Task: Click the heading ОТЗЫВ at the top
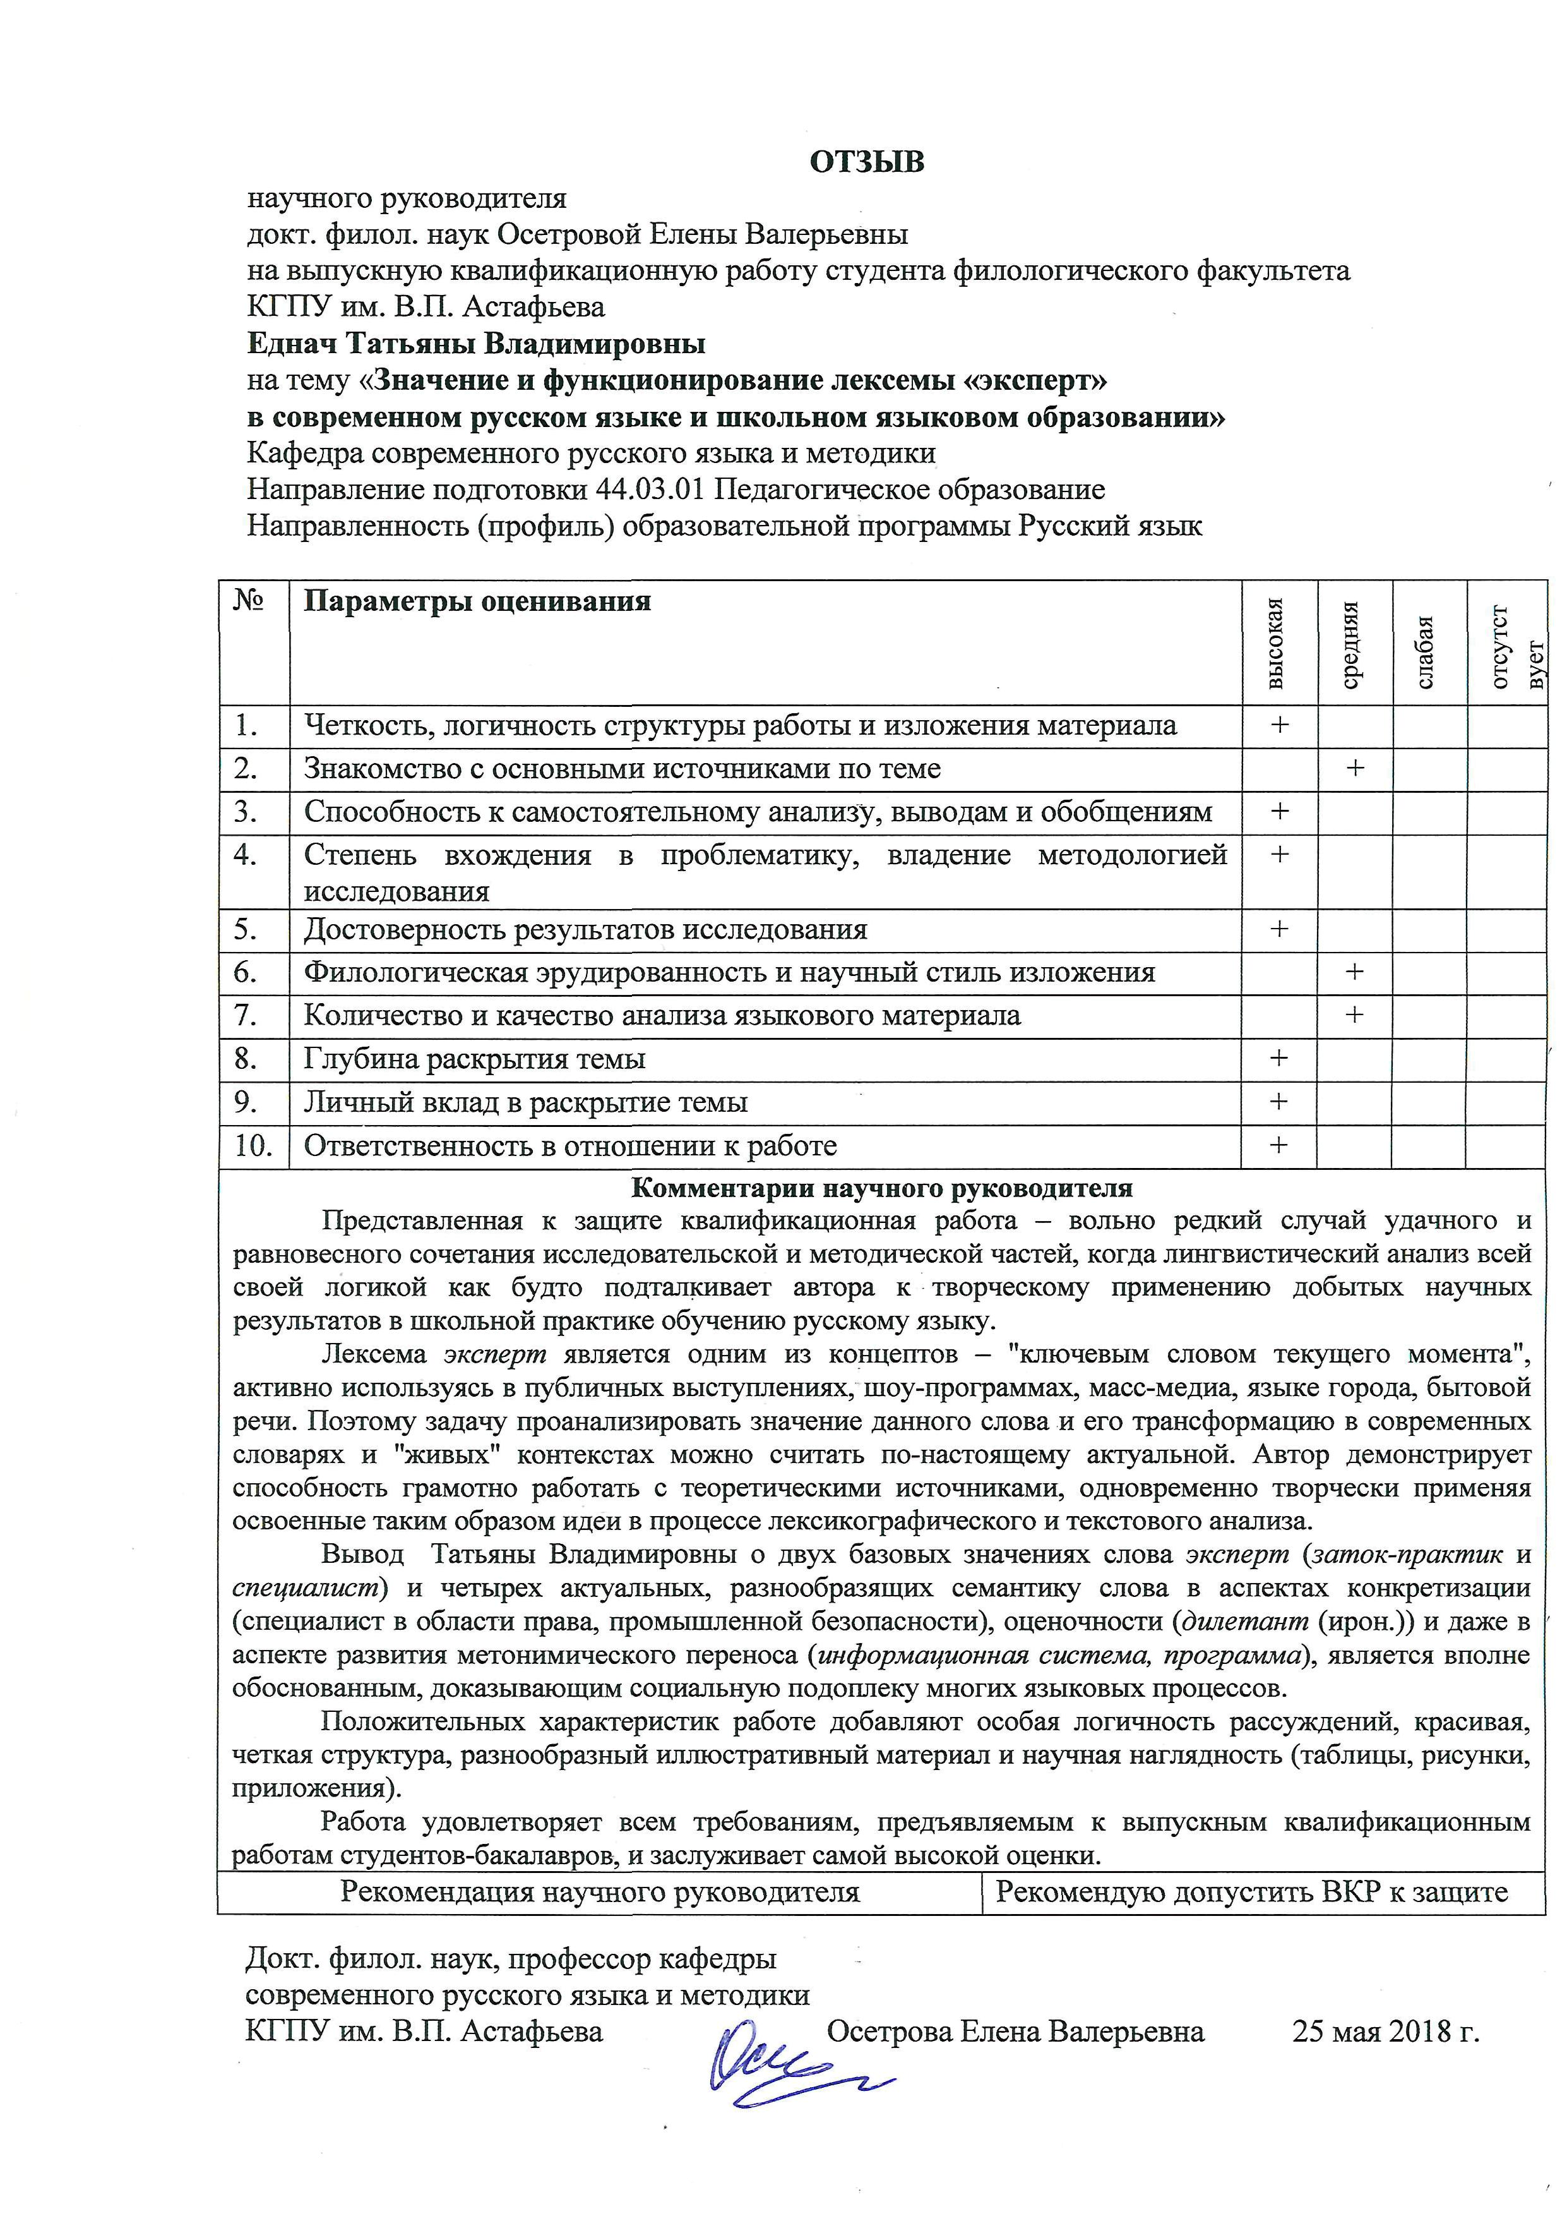866,161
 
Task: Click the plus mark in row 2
1355,768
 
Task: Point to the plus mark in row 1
1280,725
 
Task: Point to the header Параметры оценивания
477,601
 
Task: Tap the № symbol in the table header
249,601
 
